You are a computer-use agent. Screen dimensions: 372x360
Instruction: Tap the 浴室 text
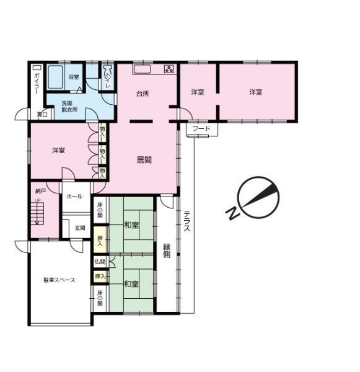click(x=74, y=77)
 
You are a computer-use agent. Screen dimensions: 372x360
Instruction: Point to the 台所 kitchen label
click(x=143, y=94)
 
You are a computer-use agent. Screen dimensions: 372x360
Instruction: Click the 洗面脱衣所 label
click(x=69, y=106)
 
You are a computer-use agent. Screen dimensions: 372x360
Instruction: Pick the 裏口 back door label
click(x=42, y=114)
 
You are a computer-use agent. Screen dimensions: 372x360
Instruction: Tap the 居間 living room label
click(x=144, y=159)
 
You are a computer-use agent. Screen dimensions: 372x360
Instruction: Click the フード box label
click(x=201, y=129)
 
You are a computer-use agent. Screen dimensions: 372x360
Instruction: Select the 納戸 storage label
click(x=40, y=192)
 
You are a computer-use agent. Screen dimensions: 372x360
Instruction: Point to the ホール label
click(x=74, y=197)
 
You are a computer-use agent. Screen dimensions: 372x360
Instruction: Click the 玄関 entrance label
click(x=81, y=228)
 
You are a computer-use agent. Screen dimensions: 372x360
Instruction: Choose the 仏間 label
click(x=100, y=262)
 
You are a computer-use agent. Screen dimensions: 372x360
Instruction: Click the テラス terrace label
click(x=186, y=221)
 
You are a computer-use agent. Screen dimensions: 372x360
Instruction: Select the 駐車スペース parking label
click(x=59, y=280)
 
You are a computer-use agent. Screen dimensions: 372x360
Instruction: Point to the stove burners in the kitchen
click(x=169, y=69)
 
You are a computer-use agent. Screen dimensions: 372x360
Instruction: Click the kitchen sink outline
click(x=142, y=69)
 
